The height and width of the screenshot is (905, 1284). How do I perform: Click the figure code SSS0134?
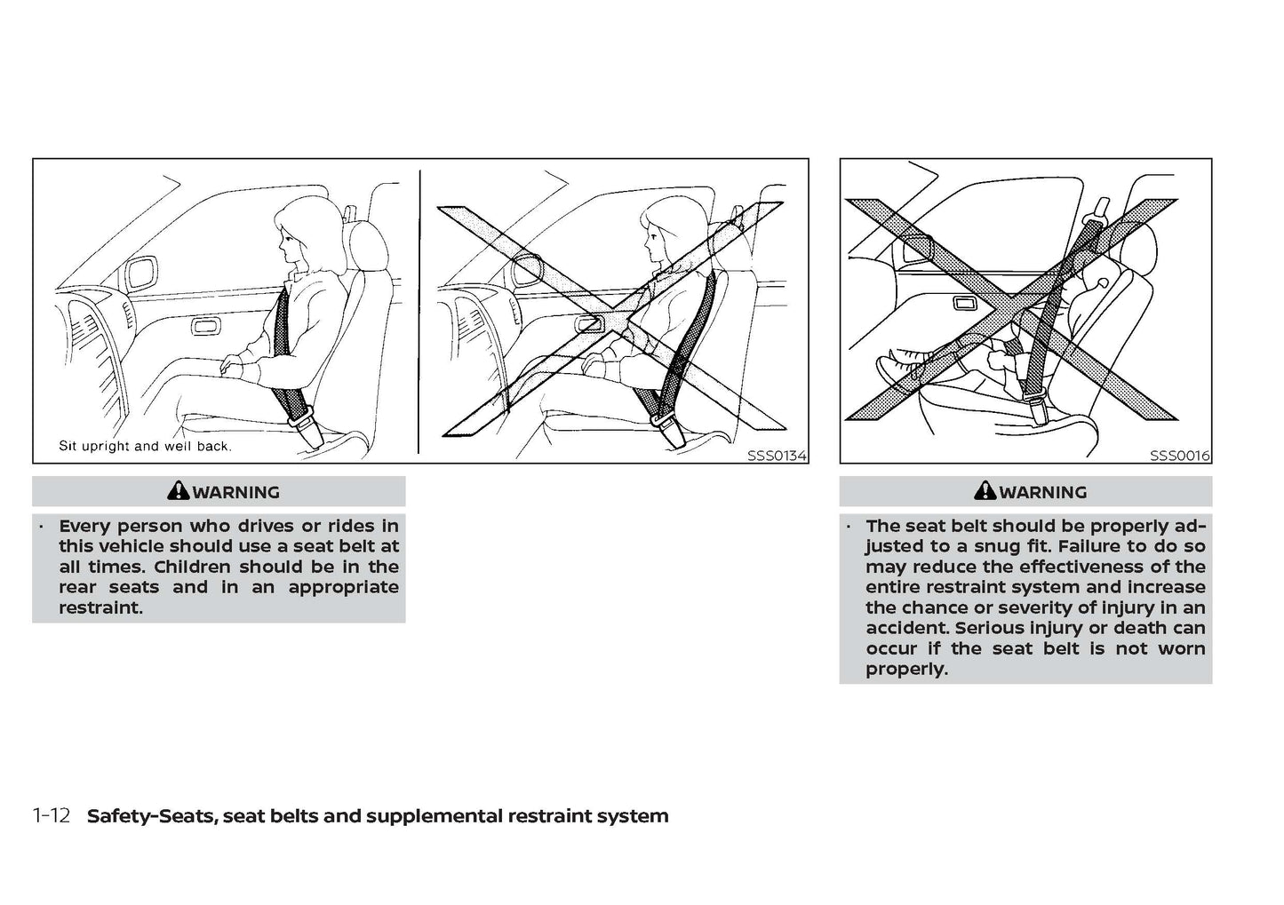[x=777, y=456]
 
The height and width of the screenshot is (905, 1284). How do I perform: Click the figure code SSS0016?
[x=1179, y=456]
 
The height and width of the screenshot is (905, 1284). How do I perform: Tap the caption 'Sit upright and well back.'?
[x=145, y=446]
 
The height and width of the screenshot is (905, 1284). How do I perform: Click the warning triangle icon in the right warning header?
[x=985, y=491]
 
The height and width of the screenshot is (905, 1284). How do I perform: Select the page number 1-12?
[x=51, y=815]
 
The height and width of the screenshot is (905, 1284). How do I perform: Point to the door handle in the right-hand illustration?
[x=965, y=304]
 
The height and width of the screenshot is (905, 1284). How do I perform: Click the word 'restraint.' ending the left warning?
[x=100, y=607]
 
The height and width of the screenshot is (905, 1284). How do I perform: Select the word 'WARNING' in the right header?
[x=1042, y=491]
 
